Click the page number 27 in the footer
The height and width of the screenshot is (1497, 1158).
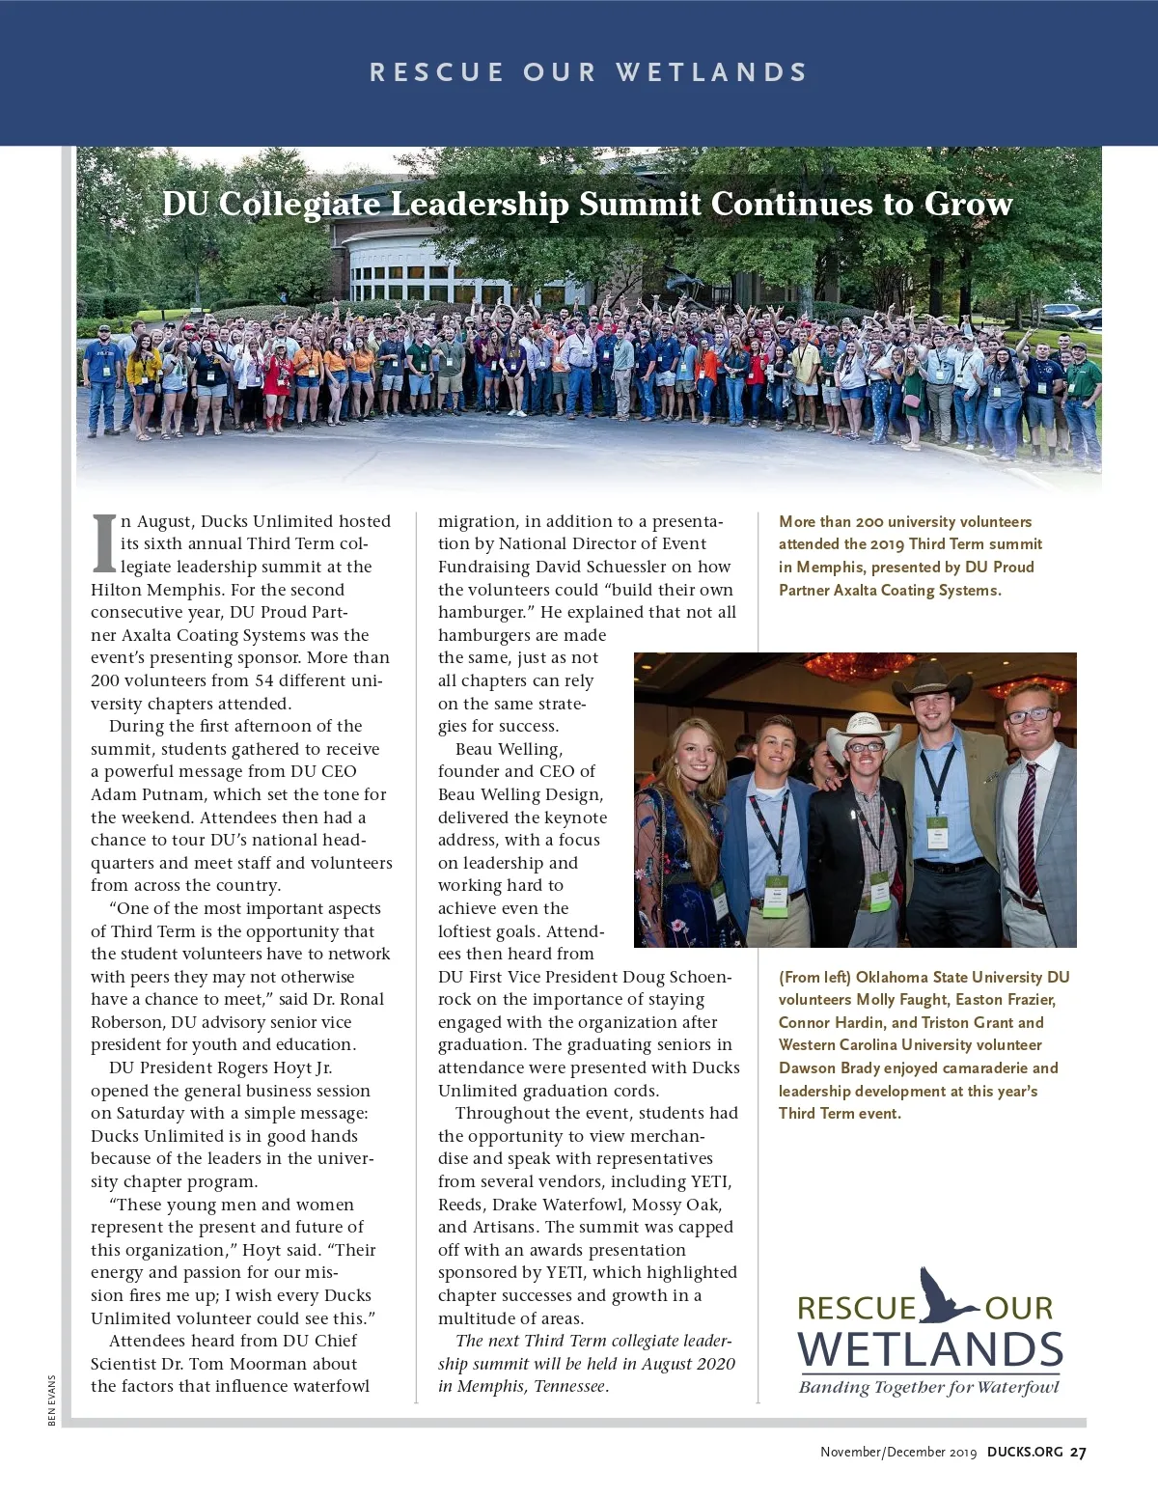[1078, 1452]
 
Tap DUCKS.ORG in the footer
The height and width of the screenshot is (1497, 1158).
[1025, 1452]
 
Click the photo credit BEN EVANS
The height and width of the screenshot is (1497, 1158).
[51, 1400]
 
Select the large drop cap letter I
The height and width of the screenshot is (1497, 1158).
[103, 542]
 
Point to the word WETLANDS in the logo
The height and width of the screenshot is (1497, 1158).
[930, 1349]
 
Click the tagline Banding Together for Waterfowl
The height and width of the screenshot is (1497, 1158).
[928, 1387]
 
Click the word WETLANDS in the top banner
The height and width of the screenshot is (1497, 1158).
[711, 72]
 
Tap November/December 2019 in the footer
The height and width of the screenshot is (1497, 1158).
[897, 1452]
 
